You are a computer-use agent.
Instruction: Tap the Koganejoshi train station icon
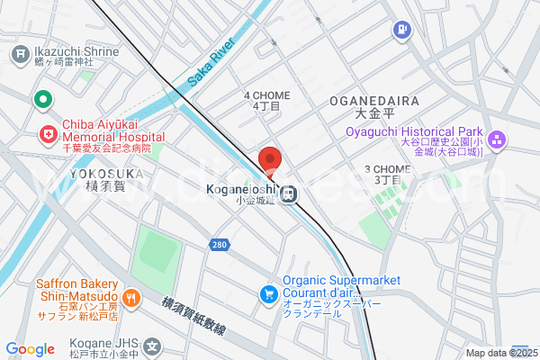pos(289,193)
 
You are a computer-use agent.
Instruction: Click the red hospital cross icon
pos(46,135)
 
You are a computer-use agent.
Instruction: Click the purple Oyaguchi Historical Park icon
pos(499,140)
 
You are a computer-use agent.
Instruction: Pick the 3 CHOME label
pos(388,174)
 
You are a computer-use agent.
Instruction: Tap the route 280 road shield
pos(220,244)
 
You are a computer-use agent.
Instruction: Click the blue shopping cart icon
pos(267,293)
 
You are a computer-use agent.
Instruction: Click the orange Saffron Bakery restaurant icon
pos(131,297)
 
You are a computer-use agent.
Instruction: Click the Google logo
pos(30,348)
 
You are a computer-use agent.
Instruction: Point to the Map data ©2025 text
pos(499,353)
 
